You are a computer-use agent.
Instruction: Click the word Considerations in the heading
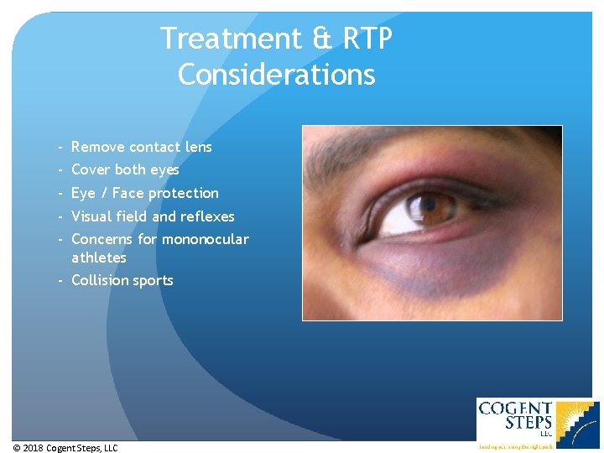click(x=276, y=75)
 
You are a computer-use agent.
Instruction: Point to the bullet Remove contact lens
click(x=141, y=147)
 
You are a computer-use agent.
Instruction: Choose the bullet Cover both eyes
click(x=125, y=169)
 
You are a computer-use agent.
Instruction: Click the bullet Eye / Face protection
click(x=144, y=193)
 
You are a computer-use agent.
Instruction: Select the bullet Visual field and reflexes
click(x=153, y=216)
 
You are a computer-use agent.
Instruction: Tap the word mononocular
click(x=205, y=239)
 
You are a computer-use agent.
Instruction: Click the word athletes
click(x=98, y=258)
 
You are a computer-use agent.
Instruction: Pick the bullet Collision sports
click(x=122, y=280)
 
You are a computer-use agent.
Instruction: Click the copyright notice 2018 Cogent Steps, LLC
click(x=65, y=448)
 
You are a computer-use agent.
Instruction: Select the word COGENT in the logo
click(x=515, y=409)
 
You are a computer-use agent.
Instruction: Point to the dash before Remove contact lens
click(x=62, y=147)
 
